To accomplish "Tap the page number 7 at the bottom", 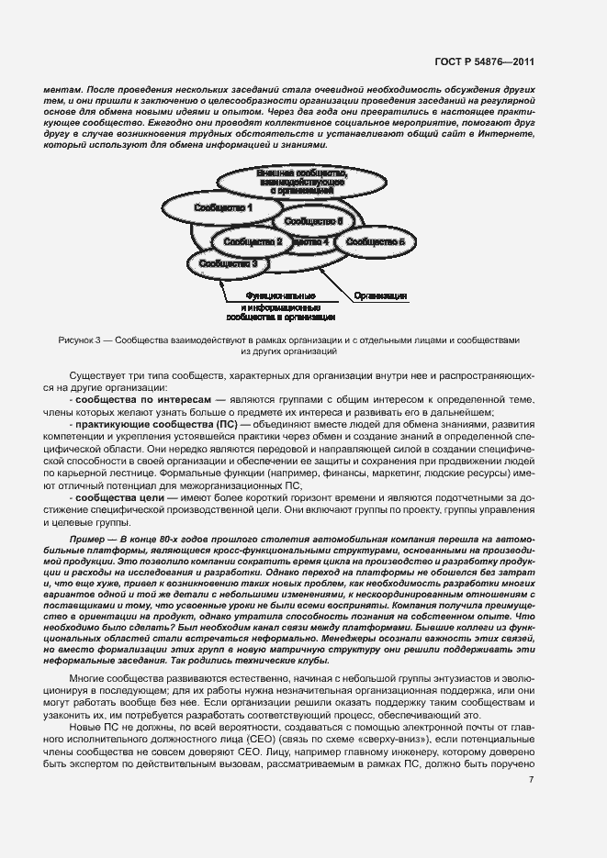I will (x=531, y=780).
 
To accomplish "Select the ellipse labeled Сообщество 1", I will (x=223, y=208).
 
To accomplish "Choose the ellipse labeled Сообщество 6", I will (x=313, y=222).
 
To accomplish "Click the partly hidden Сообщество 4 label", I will (x=313, y=241).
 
